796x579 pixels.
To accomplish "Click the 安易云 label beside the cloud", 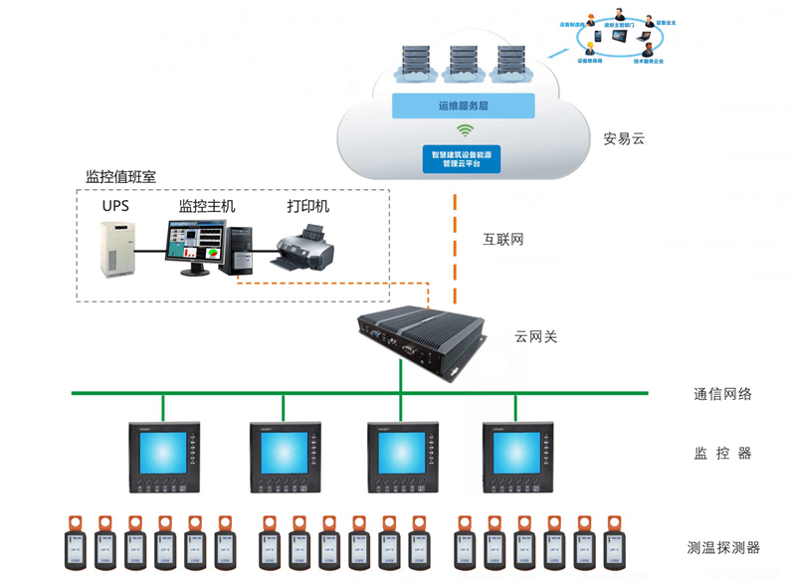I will (624, 139).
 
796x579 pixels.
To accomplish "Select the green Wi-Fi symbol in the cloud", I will (463, 130).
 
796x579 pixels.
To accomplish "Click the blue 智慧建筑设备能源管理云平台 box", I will (463, 158).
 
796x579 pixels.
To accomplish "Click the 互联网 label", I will (502, 240).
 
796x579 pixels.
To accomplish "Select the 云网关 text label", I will (535, 338).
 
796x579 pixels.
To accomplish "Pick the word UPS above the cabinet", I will (115, 207).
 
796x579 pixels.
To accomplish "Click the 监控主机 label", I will (207, 207).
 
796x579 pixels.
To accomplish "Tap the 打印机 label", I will (307, 207).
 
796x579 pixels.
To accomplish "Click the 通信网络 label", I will (722, 394).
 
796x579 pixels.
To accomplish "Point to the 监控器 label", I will (722, 454).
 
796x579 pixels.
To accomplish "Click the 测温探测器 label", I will (724, 546).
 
